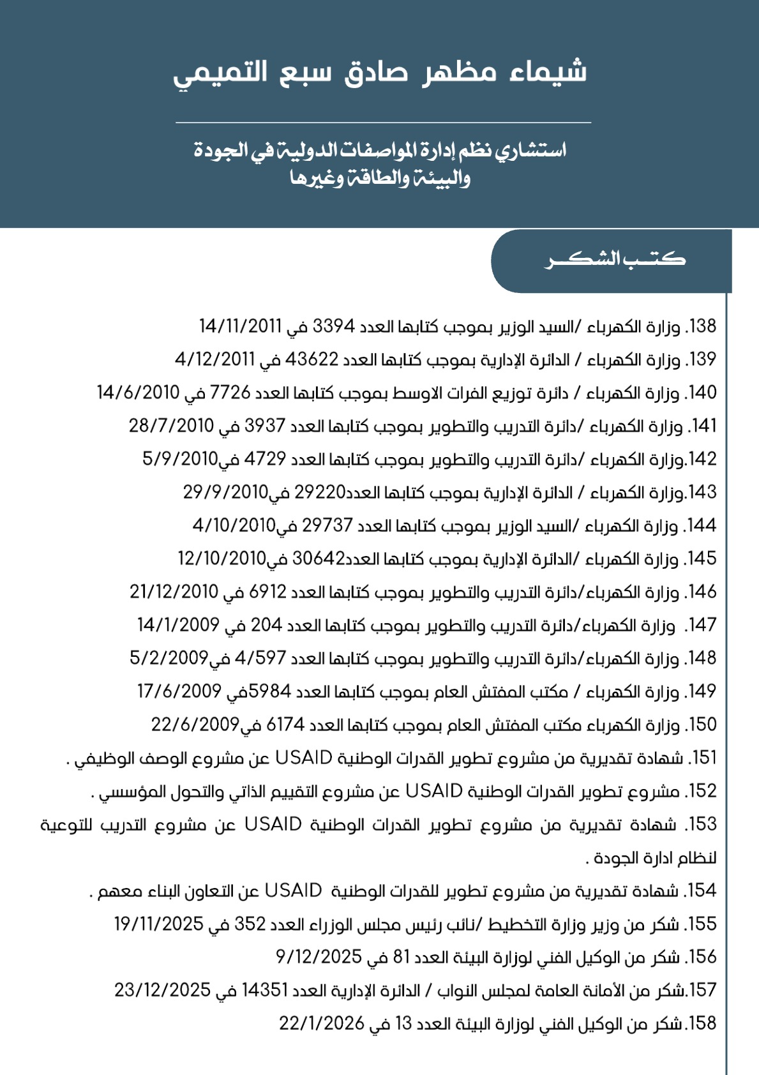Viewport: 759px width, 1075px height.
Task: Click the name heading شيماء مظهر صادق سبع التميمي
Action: (x=380, y=73)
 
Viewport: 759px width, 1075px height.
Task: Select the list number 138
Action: (x=703, y=326)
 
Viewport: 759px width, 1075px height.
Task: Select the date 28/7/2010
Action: (x=171, y=426)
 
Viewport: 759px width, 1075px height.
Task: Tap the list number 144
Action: (x=703, y=525)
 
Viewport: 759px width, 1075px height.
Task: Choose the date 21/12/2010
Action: (x=174, y=592)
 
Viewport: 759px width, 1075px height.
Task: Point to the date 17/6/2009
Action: (x=179, y=691)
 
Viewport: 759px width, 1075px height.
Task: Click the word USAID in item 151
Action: (x=304, y=758)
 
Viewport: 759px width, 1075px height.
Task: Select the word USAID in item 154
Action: (x=293, y=891)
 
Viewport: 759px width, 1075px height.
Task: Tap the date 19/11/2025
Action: (x=158, y=924)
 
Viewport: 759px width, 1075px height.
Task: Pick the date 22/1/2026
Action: (x=321, y=1023)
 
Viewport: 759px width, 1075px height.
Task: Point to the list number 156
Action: (x=703, y=957)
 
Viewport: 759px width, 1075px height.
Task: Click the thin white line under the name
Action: (x=383, y=122)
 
